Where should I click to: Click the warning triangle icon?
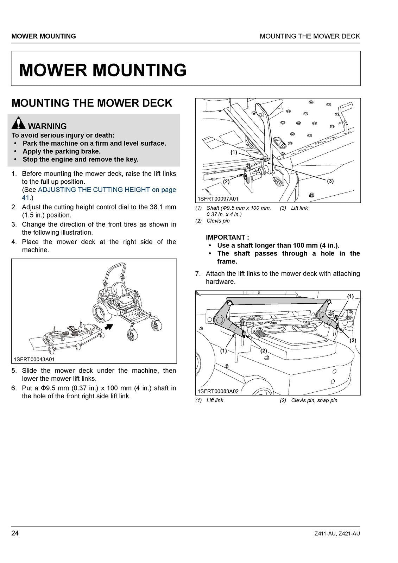pyautogui.click(x=18, y=123)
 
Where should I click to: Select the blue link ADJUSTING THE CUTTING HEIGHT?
pyautogui.click(x=94, y=190)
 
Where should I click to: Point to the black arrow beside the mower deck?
pyautogui.click(x=109, y=327)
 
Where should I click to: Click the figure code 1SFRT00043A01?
pyautogui.click(x=34, y=359)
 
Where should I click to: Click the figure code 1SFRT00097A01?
pyautogui.click(x=218, y=199)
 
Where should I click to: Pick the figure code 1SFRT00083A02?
pyautogui.click(x=218, y=391)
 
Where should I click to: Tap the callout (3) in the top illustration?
pyautogui.click(x=330, y=181)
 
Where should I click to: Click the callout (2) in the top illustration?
pyautogui.click(x=226, y=182)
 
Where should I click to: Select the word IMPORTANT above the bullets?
pyautogui.click(x=225, y=238)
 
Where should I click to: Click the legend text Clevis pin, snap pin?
pyautogui.click(x=314, y=400)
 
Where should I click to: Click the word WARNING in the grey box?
pyautogui.click(x=47, y=126)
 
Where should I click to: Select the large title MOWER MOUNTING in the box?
pyautogui.click(x=103, y=70)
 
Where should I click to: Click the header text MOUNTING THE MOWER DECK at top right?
pyautogui.click(x=310, y=36)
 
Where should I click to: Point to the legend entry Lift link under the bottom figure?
pyautogui.click(x=215, y=400)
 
